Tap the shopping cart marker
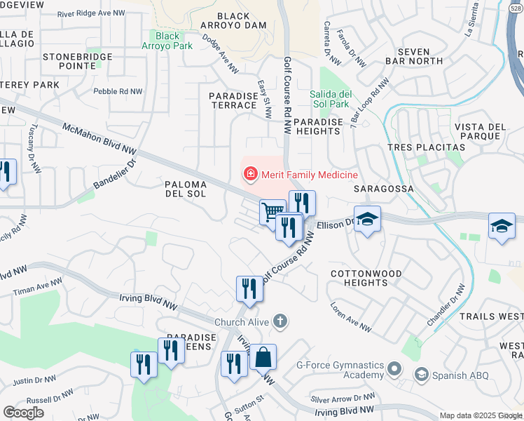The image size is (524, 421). (x=273, y=212)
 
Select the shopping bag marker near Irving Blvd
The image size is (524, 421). (x=263, y=358)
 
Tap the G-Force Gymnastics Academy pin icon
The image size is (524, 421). (x=394, y=369)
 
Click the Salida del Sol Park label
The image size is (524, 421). (x=329, y=99)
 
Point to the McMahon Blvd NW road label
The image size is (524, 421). (x=99, y=138)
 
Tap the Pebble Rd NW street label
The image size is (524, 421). (x=118, y=91)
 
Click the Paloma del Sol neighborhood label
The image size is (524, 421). (x=185, y=189)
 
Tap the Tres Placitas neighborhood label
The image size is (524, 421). (x=426, y=147)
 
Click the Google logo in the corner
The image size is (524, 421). (x=23, y=413)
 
